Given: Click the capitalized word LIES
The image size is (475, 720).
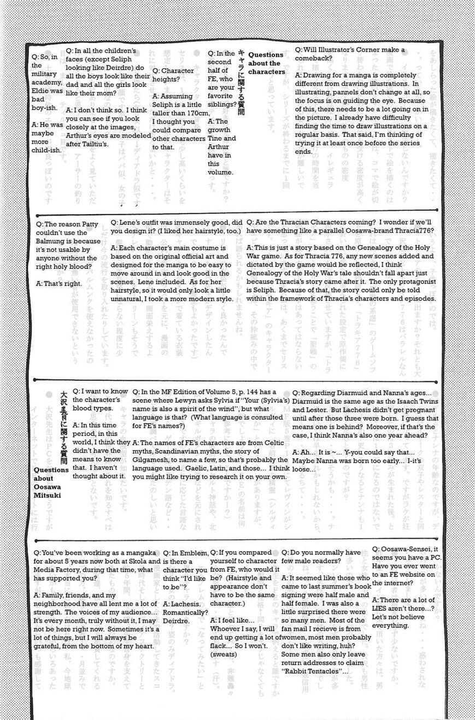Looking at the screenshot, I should (383, 608).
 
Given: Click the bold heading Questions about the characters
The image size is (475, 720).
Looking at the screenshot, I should (266, 63).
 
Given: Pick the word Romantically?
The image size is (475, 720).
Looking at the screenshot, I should (185, 612).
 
